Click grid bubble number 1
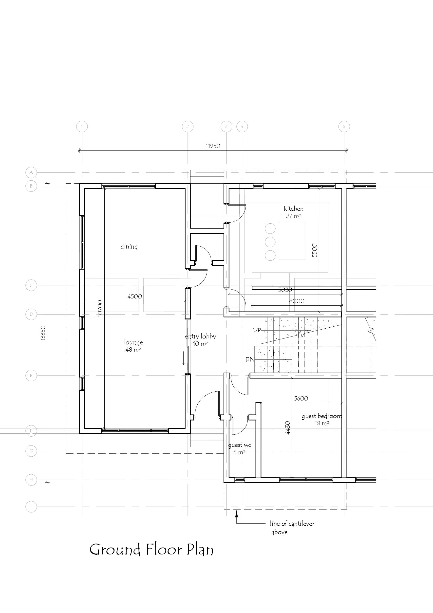pyautogui.click(x=82, y=126)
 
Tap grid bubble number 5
pyautogui.click(x=344, y=126)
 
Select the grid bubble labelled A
pyautogui.click(x=31, y=172)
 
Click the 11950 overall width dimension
pyautogui.click(x=213, y=146)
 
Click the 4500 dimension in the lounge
pyautogui.click(x=135, y=296)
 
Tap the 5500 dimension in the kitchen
pyautogui.click(x=315, y=250)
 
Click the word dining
pyautogui.click(x=129, y=246)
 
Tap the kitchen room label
pyautogui.click(x=294, y=209)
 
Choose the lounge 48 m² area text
pyautogui.click(x=133, y=349)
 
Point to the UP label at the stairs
pyautogui.click(x=257, y=330)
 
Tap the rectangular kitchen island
pyautogui.click(x=292, y=241)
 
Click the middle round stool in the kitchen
pyautogui.click(x=270, y=242)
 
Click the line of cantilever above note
pyautogui.click(x=292, y=528)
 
